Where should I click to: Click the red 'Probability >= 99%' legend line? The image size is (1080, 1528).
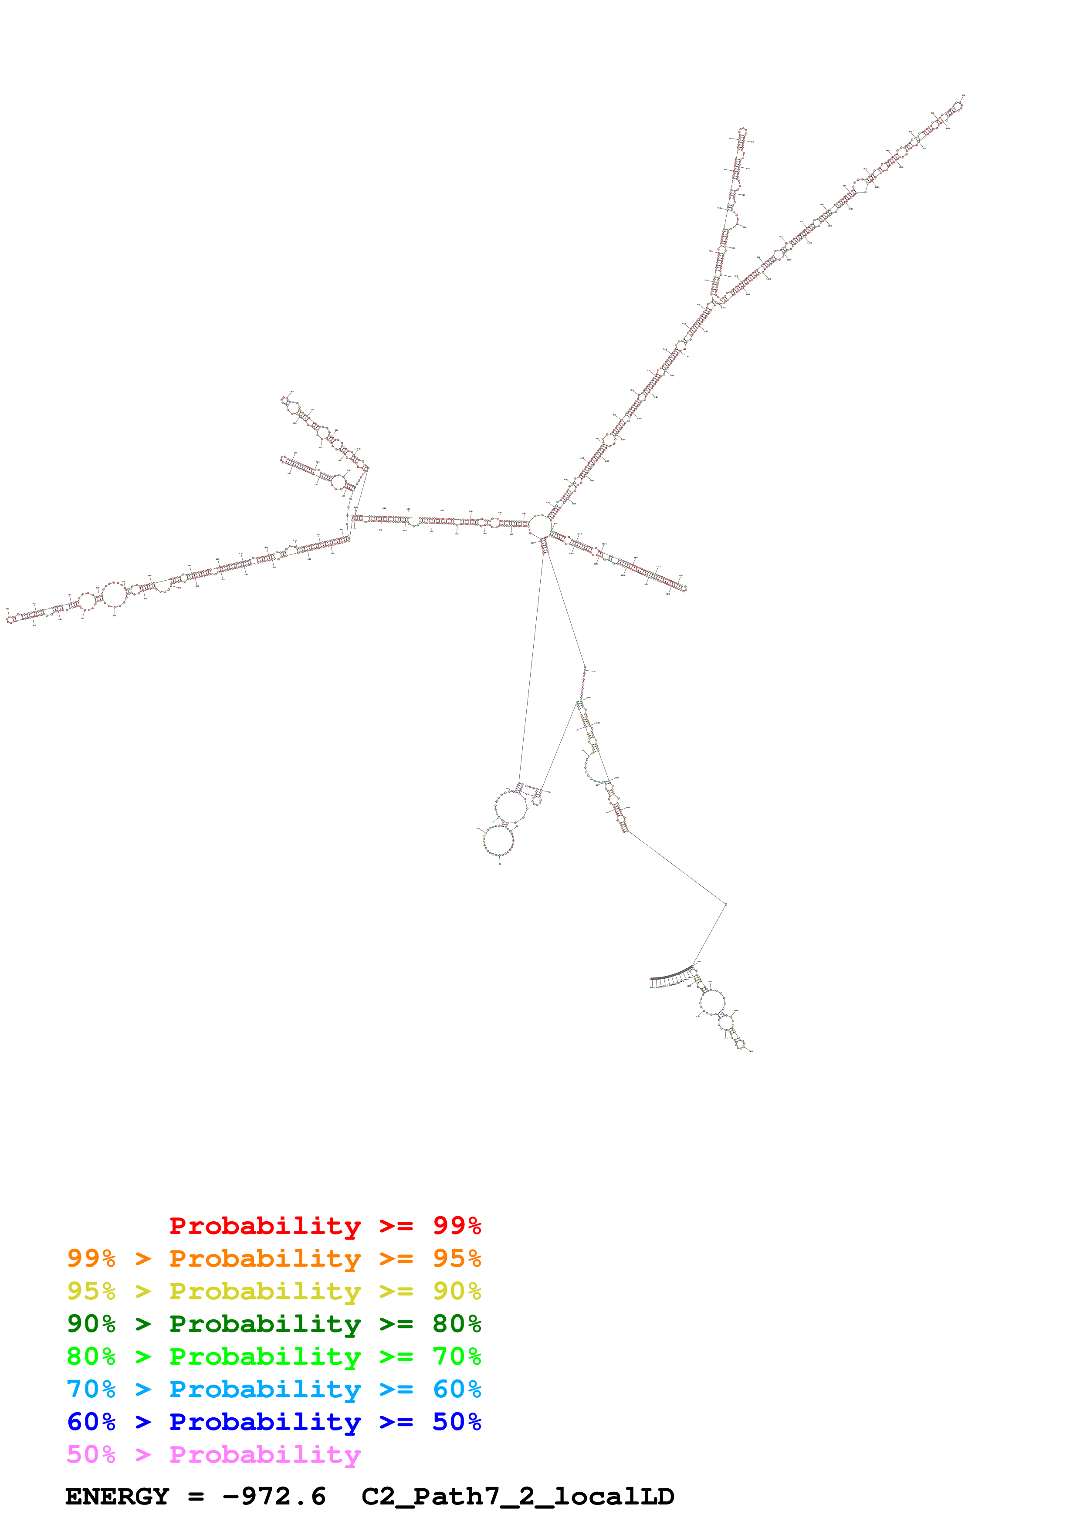tap(325, 1225)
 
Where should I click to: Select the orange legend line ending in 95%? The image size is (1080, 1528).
tap(274, 1258)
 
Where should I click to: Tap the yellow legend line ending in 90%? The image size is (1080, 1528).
tap(274, 1291)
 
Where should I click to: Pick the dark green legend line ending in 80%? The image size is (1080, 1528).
tap(274, 1324)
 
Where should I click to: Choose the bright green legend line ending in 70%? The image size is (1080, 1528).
tap(274, 1356)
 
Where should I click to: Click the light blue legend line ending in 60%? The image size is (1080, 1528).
tap(274, 1389)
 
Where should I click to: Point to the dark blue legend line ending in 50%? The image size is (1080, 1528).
tap(274, 1422)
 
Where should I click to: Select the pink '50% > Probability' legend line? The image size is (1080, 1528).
tap(213, 1454)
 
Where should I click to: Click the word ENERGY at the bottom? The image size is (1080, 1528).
tap(117, 1496)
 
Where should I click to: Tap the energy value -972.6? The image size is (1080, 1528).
tap(274, 1496)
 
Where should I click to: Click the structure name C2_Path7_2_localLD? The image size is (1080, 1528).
tap(518, 1496)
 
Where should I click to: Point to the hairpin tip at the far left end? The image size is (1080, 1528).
tap(10, 619)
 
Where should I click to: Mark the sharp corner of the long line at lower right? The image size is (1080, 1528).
tap(725, 904)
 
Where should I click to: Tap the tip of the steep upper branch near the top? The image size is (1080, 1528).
tap(743, 132)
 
